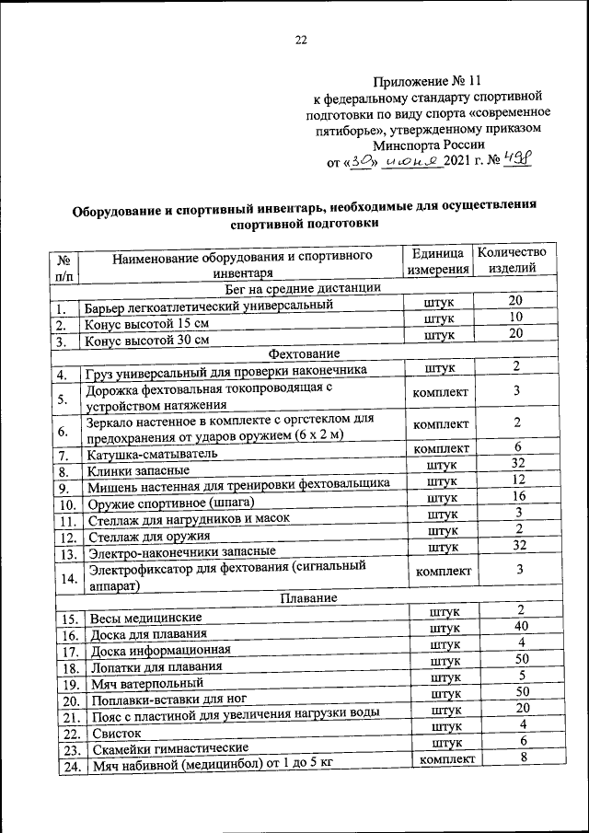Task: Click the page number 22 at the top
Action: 300,40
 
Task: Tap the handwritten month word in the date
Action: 411,162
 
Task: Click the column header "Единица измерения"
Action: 438,260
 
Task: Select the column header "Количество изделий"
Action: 511,260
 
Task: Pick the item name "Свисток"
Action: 118,734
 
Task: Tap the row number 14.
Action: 65,578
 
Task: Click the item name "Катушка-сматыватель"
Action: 152,455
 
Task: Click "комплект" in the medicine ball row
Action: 446,759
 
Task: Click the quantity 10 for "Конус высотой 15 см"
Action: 517,318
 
